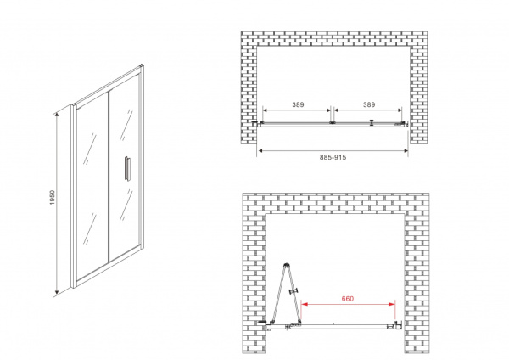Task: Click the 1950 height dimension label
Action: click(53, 197)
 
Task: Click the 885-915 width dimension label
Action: click(333, 158)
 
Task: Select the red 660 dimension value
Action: click(347, 299)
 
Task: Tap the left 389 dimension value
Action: click(298, 104)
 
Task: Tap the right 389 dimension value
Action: click(369, 104)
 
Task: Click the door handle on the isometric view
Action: click(127, 168)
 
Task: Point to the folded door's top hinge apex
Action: click(286, 265)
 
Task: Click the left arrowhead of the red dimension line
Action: click(305, 304)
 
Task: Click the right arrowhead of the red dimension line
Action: click(392, 304)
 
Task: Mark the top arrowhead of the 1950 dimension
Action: click(57, 114)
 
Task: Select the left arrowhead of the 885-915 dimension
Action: click(260, 151)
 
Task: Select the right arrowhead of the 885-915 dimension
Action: click(405, 151)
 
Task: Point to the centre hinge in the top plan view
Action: click(332, 123)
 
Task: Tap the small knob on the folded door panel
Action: click(294, 291)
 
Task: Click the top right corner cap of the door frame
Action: click(142, 66)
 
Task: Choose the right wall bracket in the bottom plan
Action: click(398, 325)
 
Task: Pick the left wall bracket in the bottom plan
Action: click(268, 325)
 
